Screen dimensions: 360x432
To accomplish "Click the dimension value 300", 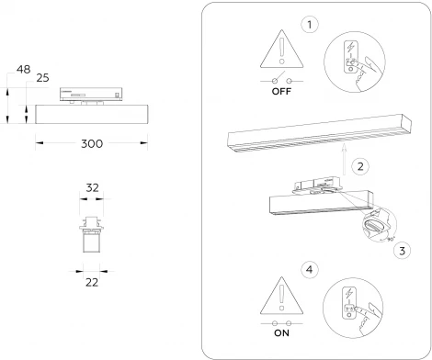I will click(x=91, y=145).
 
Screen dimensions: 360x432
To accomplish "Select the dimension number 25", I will click(x=42, y=79).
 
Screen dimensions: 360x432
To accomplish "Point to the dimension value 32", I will click(x=92, y=186).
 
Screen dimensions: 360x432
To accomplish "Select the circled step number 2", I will click(x=361, y=167).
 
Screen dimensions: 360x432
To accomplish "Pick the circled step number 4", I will click(x=310, y=270).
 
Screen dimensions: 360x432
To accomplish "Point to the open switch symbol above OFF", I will click(x=281, y=81).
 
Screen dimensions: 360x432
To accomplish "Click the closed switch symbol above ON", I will click(x=281, y=324).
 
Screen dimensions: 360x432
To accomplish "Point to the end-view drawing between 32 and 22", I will click(x=91, y=233).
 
